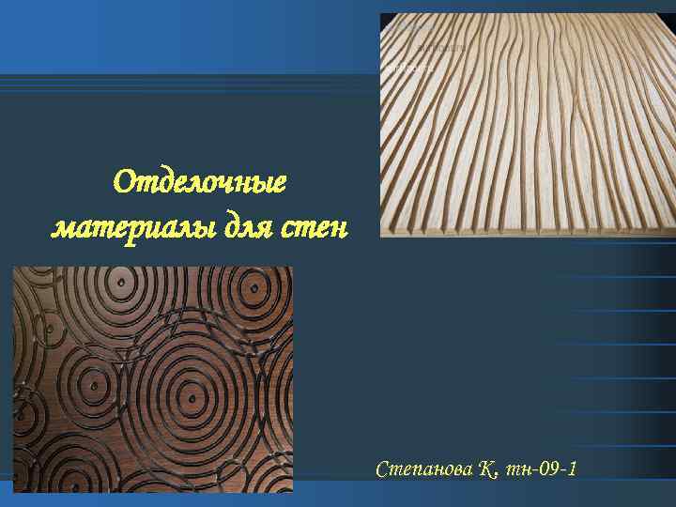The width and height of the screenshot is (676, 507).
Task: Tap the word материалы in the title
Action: click(x=115, y=226)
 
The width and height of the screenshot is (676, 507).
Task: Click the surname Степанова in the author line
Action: click(x=426, y=469)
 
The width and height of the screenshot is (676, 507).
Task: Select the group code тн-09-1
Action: click(x=541, y=469)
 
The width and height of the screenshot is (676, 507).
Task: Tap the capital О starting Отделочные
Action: click(x=124, y=179)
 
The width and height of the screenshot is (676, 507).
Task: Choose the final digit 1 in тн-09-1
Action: click(x=572, y=469)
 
